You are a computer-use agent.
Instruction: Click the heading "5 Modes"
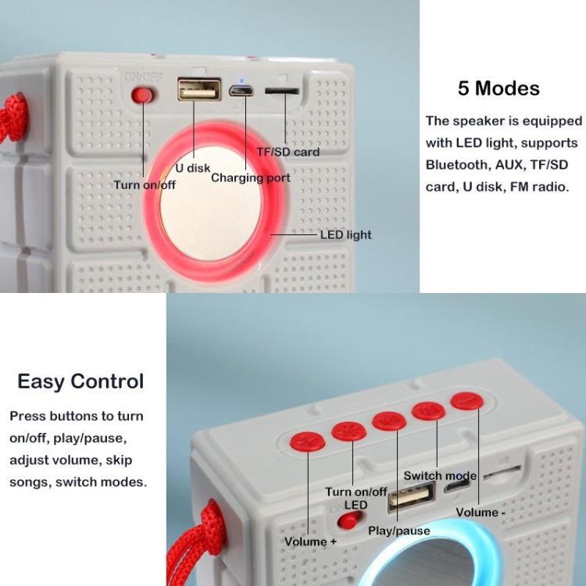498,88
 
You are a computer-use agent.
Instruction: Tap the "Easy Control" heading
80,381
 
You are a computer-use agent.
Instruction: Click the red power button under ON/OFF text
142,95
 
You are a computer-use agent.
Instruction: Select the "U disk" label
191,167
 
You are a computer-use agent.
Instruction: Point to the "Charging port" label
250,178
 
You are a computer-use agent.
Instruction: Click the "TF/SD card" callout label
288,152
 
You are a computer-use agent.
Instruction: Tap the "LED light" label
345,234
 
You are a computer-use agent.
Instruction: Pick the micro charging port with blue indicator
241,91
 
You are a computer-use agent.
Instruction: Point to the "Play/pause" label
398,531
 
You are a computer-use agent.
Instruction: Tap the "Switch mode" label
439,475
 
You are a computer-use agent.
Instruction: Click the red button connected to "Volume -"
466,402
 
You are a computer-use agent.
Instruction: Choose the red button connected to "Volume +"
308,441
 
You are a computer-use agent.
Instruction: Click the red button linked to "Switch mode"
428,410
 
